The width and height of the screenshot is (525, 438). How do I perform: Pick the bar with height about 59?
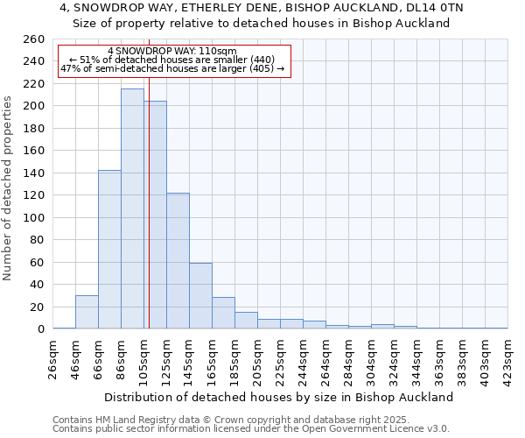click(200, 296)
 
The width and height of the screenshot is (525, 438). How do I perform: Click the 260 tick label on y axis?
click(33, 39)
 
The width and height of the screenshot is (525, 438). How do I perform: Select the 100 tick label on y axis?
click(33, 217)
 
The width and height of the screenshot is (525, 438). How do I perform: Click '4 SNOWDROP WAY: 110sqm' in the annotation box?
click(172, 52)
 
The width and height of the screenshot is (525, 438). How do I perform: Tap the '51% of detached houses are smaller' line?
click(172, 60)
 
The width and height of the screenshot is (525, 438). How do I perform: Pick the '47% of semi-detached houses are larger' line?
click(172, 68)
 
